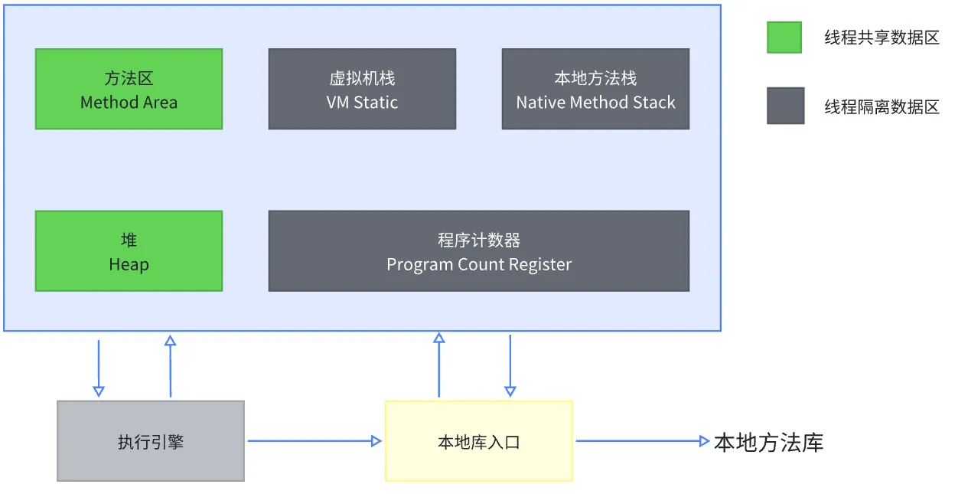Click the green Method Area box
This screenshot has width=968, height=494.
click(129, 89)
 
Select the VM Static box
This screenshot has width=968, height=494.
click(362, 89)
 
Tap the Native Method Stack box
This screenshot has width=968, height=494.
click(595, 89)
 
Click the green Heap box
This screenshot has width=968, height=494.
click(129, 251)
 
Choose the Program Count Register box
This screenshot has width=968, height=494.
click(478, 251)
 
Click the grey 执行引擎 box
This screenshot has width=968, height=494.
click(151, 441)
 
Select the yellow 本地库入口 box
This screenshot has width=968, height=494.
click(478, 441)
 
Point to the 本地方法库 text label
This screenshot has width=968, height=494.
click(768, 443)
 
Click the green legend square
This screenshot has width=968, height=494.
click(784, 38)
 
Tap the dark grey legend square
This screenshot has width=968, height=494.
click(785, 106)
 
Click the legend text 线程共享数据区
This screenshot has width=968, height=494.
click(882, 38)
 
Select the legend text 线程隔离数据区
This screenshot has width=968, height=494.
click(882, 106)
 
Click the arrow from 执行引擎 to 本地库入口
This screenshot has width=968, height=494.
click(314, 441)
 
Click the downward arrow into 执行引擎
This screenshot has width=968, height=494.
click(99, 368)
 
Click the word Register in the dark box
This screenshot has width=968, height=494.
click(540, 265)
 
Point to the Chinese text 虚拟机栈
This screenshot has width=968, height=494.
click(362, 78)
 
